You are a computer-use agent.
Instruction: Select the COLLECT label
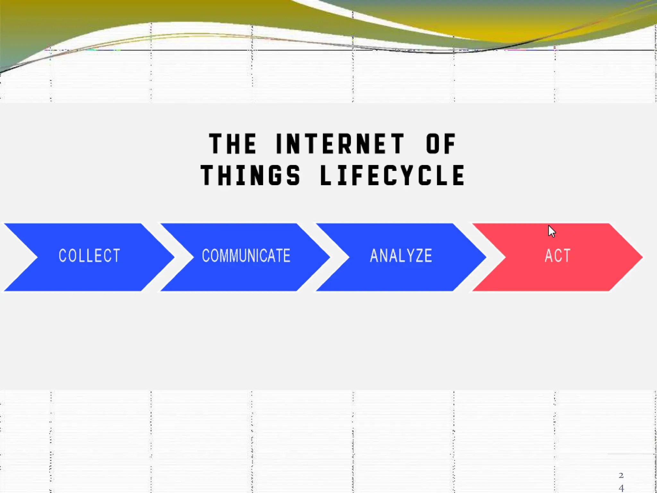[90, 256]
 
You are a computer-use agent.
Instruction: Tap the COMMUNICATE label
[246, 256]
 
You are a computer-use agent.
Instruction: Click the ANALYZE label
[401, 256]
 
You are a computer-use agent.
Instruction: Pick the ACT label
[558, 256]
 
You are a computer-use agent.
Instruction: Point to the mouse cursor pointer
[551, 231]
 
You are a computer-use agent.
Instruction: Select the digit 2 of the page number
[621, 475]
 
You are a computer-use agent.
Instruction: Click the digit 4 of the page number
[621, 488]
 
